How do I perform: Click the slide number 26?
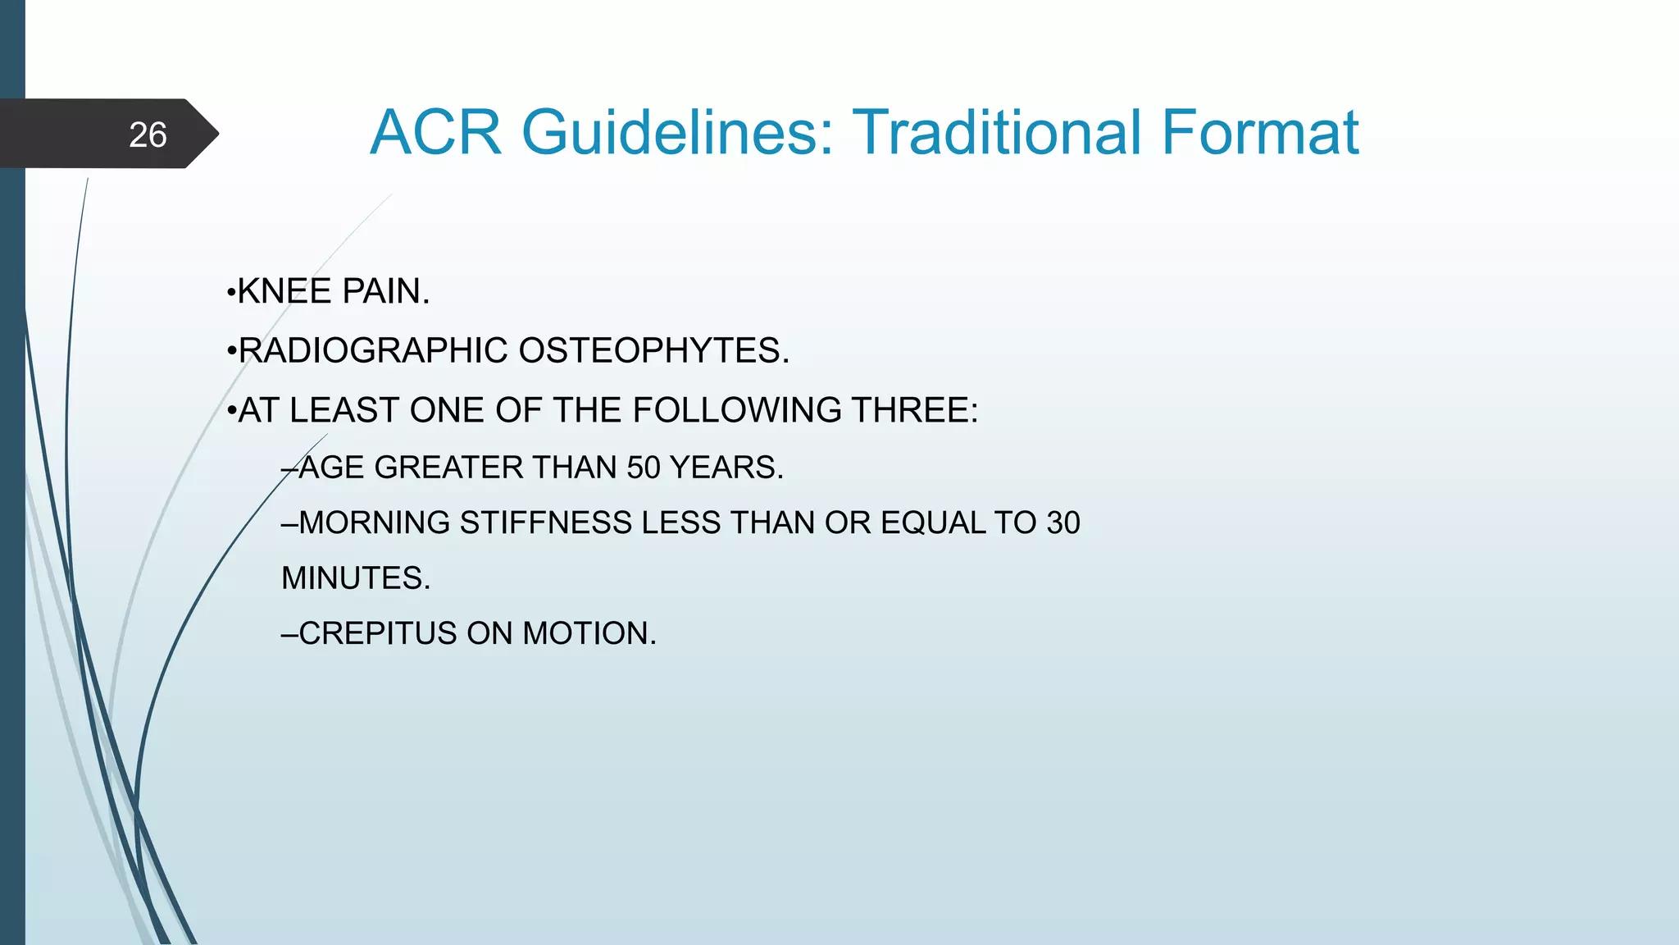(x=148, y=135)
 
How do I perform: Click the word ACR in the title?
(x=435, y=132)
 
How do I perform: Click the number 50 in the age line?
(x=644, y=468)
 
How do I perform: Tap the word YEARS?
(x=726, y=468)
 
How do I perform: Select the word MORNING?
(x=375, y=523)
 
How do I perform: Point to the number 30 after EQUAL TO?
(x=1062, y=523)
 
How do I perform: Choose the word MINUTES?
(x=355, y=578)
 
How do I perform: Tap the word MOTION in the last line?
(x=589, y=633)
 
